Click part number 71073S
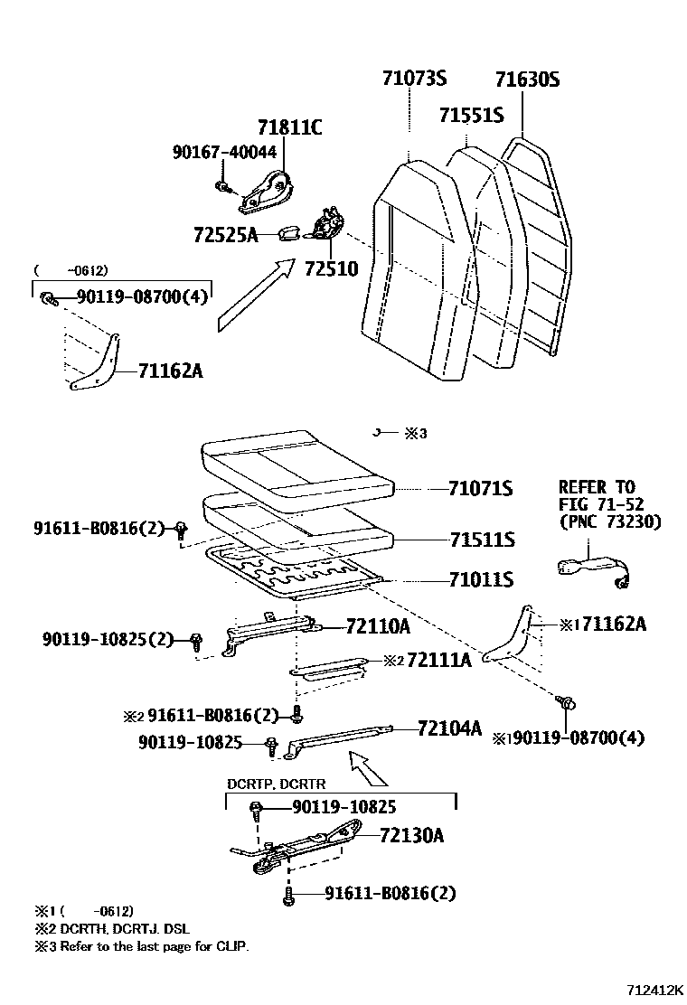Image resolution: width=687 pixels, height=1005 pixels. click(x=413, y=80)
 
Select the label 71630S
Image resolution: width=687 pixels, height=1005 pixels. click(x=526, y=80)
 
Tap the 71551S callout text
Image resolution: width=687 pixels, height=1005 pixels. click(x=470, y=116)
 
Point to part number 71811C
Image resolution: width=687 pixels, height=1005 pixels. click(x=289, y=127)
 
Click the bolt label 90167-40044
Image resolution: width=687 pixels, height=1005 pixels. click(x=224, y=152)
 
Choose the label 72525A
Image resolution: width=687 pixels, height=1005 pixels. click(x=225, y=236)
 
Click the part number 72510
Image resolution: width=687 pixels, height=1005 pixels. click(x=331, y=268)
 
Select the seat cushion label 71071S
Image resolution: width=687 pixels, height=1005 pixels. click(x=480, y=489)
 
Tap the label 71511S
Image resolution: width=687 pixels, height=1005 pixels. click(x=482, y=540)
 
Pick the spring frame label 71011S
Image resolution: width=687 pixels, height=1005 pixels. click(x=481, y=579)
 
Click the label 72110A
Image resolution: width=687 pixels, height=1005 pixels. click(x=377, y=626)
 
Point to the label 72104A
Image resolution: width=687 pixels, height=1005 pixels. click(x=449, y=728)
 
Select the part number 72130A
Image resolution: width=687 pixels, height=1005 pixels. click(x=411, y=835)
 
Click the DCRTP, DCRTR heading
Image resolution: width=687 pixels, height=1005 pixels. click(x=276, y=784)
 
